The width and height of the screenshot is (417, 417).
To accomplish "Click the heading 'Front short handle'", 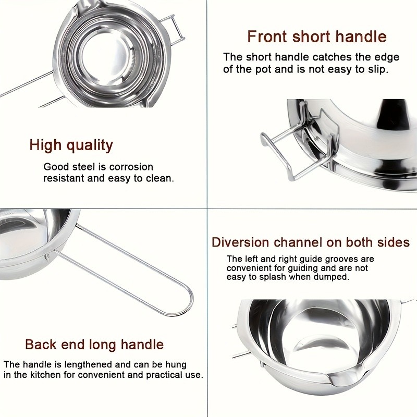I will [x=316, y=36].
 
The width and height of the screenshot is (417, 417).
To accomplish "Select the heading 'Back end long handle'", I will [x=94, y=345].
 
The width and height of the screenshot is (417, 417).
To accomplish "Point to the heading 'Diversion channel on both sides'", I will [x=311, y=242].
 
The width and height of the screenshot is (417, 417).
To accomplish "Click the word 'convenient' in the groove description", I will [x=248, y=268].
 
